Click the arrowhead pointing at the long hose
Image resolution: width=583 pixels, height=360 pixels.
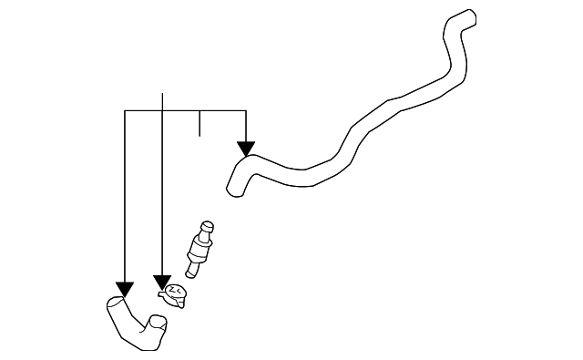coord(246,148)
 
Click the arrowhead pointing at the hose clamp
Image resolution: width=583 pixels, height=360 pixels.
coord(161,282)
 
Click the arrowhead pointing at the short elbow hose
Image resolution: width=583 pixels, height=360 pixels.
coord(125,290)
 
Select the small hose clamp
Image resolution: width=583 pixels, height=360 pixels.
coord(174,294)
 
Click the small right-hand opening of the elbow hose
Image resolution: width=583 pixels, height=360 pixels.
coord(158,322)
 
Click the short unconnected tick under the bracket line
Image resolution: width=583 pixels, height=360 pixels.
coord(199,123)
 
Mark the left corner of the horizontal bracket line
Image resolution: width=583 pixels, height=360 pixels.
coord(125,110)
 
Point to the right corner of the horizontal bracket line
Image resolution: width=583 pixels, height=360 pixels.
coord(246,110)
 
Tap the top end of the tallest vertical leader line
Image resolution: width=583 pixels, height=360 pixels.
coord(162,93)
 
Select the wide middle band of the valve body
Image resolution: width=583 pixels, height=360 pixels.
coord(199,247)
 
